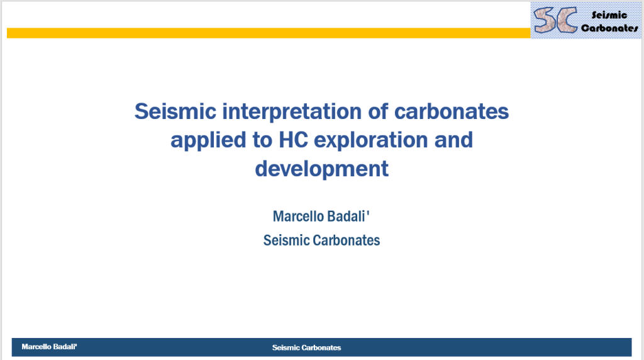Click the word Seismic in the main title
175,111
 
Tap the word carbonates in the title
452,112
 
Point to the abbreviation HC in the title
293,140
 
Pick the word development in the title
321,169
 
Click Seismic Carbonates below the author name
321,240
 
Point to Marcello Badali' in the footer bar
49,347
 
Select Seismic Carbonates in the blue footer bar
306,347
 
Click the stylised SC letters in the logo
555,20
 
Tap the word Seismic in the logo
609,15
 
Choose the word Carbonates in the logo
609,28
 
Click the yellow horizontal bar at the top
269,33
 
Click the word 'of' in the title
378,111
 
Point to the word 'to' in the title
262,140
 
